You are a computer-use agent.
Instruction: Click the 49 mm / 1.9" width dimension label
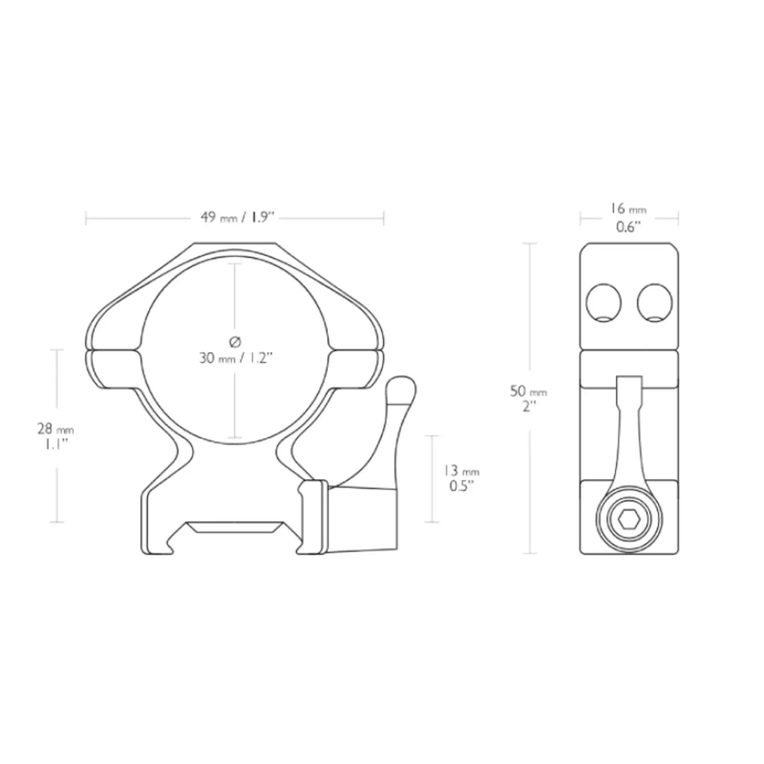(237, 218)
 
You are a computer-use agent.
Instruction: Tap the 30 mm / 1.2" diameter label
(235, 358)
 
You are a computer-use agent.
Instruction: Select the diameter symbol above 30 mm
(235, 341)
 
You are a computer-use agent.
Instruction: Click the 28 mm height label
(55, 429)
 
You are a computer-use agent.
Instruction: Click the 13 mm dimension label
(461, 471)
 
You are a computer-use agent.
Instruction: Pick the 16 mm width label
(627, 209)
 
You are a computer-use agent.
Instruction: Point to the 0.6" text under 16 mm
(627, 226)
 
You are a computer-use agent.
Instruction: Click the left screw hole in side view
(604, 303)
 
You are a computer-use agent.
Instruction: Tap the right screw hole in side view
(654, 303)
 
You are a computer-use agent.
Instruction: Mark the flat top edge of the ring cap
(235, 244)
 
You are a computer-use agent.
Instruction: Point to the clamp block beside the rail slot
(313, 517)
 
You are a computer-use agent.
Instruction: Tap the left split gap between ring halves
(114, 350)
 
